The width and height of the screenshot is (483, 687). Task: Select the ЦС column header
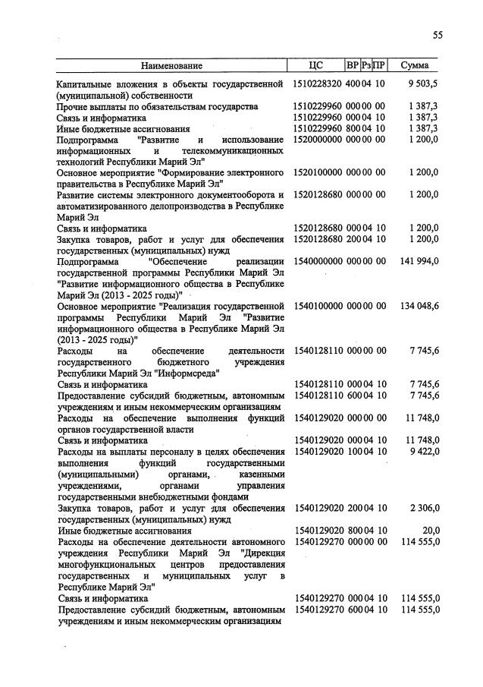point(317,66)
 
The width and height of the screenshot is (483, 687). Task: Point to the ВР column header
point(352,66)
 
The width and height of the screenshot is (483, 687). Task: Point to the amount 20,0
point(430,531)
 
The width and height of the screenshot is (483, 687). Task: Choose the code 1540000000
point(318,262)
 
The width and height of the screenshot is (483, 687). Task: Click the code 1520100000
point(318,173)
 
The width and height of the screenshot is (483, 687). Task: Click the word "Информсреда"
point(187,373)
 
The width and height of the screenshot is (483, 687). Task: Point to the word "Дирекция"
point(263,553)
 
